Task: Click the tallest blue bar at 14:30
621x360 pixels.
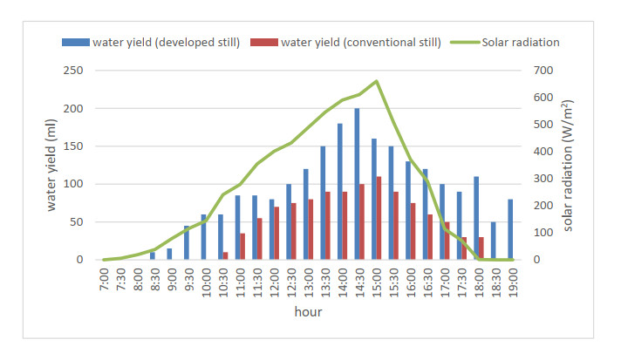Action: click(x=357, y=184)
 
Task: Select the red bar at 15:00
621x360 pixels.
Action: click(x=379, y=218)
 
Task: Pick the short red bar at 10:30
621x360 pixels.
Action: click(x=226, y=255)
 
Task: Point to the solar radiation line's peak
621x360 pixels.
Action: click(x=376, y=81)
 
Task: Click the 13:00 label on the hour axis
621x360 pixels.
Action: click(x=306, y=280)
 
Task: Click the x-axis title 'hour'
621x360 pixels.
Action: click(x=308, y=310)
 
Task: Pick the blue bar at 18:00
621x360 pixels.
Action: click(x=476, y=218)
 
